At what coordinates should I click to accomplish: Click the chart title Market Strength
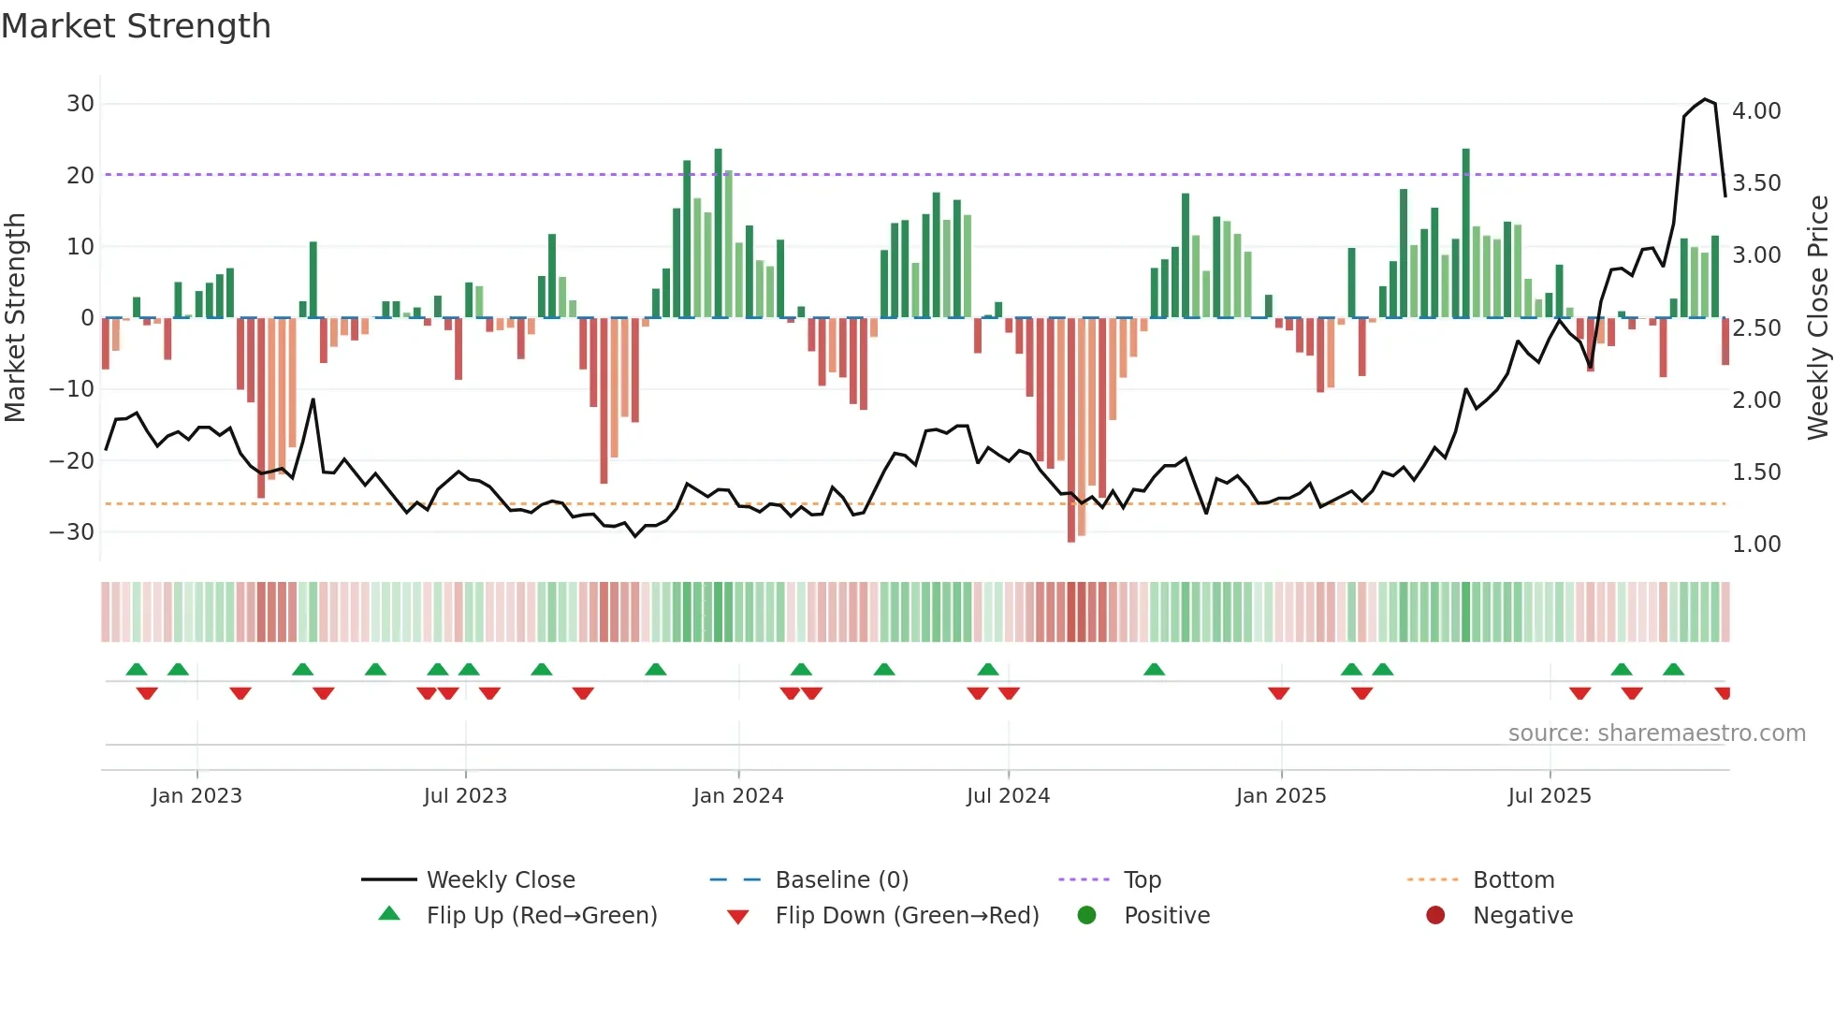(137, 26)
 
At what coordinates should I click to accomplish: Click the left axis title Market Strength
(15, 317)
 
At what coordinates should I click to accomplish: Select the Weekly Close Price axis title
(1817, 317)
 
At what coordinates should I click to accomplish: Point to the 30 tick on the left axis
(80, 104)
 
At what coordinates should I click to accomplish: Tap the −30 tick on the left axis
(72, 532)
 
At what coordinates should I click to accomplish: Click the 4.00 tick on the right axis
(1756, 111)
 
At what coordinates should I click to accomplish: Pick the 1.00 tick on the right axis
(1756, 545)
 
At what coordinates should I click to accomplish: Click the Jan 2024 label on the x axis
(738, 796)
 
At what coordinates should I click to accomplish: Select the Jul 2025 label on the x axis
(1550, 796)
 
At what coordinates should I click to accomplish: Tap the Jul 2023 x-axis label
(465, 796)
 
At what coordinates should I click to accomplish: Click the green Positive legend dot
(1086, 916)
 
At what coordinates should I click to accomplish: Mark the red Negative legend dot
(1435, 916)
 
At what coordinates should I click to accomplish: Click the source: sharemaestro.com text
(1656, 733)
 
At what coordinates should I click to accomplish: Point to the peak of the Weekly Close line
(1705, 99)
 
